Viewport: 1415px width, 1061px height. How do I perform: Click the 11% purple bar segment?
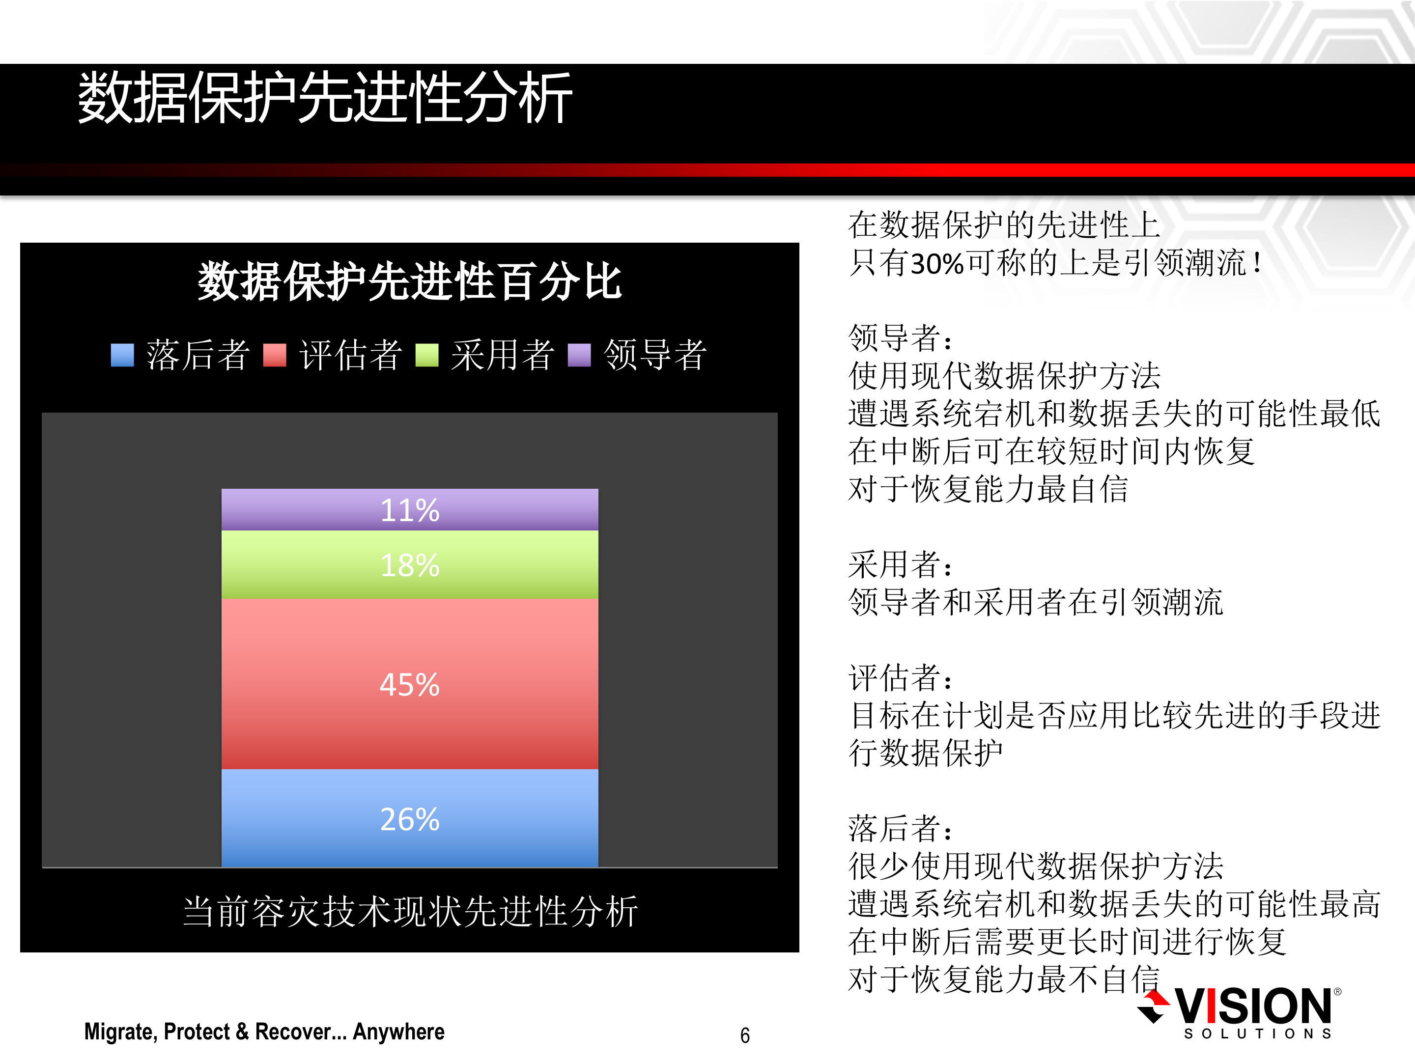409,510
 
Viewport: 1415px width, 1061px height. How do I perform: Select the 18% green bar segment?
409,565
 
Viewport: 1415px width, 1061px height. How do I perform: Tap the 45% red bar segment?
409,684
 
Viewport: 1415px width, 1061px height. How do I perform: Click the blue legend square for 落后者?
122,355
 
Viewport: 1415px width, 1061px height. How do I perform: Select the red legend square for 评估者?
275,355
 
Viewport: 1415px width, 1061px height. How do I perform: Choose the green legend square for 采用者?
426,355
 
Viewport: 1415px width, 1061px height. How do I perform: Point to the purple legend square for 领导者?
579,355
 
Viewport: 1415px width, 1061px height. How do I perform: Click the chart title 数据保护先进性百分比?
409,281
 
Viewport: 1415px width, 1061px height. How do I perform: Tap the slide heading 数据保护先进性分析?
325,97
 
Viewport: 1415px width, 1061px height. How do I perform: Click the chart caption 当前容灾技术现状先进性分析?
410,911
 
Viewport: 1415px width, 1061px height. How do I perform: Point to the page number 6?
745,1035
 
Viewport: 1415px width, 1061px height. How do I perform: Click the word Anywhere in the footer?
398,1032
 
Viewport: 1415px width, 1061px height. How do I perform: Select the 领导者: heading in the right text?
900,337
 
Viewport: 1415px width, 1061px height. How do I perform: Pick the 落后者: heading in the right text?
900,828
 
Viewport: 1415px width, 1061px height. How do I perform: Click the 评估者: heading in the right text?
900,677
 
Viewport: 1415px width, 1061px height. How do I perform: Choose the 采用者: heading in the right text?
900,564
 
